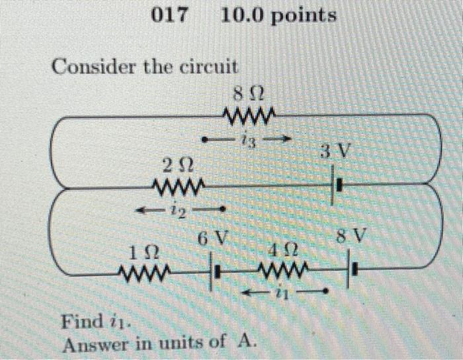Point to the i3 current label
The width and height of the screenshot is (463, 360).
click(248, 140)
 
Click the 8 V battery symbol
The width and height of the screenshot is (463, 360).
click(353, 271)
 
